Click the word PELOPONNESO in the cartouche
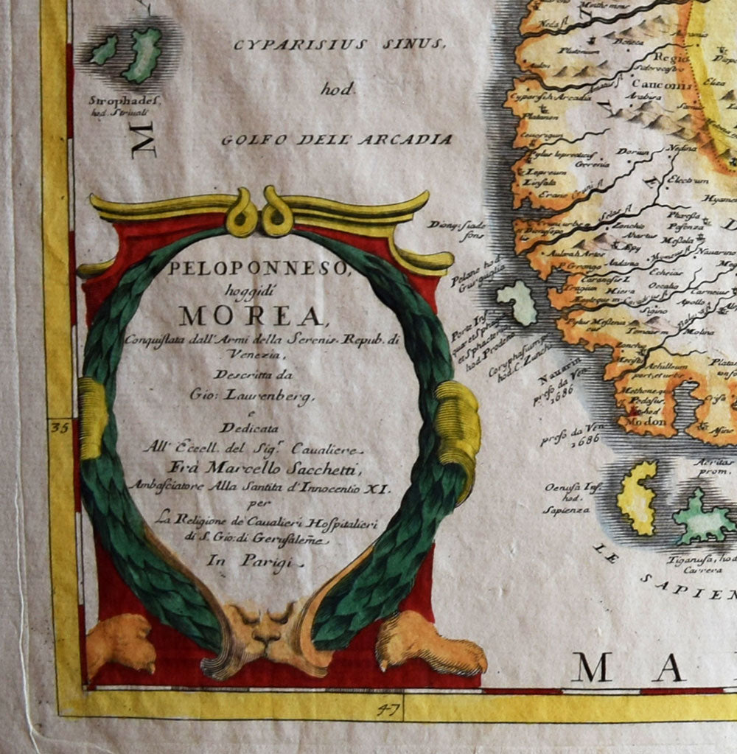[x=257, y=270]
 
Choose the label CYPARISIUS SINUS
[x=339, y=45]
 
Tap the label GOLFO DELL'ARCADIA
[x=336, y=139]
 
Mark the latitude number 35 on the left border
[x=60, y=427]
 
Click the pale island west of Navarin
[x=517, y=302]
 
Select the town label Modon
[x=637, y=422]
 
